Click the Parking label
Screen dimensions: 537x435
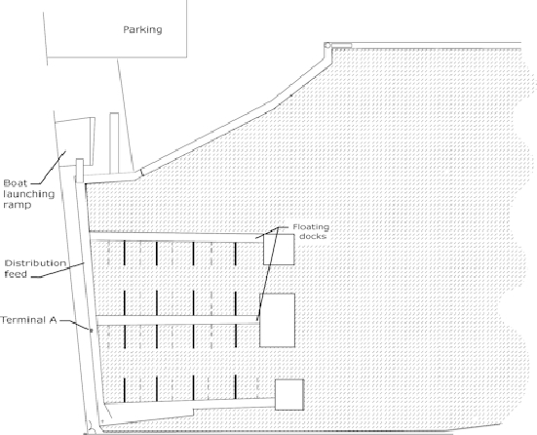coord(142,30)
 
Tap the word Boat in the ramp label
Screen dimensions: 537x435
coord(15,183)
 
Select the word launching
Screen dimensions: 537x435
coord(29,194)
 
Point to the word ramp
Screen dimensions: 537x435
coord(18,205)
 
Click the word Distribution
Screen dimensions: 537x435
coord(35,263)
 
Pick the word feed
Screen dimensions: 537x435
coord(16,274)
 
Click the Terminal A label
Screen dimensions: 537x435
coord(28,320)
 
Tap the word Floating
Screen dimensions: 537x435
coord(311,227)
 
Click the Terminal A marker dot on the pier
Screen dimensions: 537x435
coord(92,331)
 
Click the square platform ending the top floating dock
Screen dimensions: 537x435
coord(279,250)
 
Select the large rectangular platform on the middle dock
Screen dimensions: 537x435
coord(278,320)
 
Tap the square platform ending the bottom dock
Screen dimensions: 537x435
coord(289,395)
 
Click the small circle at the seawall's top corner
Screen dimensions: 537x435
coord(327,45)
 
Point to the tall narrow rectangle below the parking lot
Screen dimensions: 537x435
coord(114,143)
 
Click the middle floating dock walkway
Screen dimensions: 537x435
coord(177,320)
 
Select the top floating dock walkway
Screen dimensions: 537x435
coord(176,237)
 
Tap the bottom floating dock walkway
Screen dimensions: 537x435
coord(189,403)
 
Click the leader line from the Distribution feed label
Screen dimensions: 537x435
coord(58,270)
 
